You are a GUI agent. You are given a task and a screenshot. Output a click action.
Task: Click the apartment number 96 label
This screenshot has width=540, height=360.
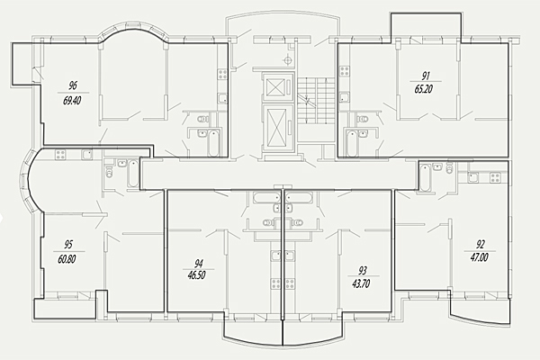[73, 85]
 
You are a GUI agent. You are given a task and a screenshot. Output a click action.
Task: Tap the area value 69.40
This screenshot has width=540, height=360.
[72, 101]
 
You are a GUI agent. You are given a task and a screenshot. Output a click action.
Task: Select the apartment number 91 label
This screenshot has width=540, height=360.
[426, 76]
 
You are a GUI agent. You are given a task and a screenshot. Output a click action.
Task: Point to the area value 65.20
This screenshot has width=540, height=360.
[424, 89]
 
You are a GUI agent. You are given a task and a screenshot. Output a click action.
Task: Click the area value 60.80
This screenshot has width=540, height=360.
[67, 258]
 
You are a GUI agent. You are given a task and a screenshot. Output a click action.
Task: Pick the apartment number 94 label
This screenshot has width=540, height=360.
[199, 264]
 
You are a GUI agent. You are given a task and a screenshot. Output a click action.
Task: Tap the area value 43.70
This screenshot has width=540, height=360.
[361, 283]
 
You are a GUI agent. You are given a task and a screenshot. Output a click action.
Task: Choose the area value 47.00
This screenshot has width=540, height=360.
[479, 257]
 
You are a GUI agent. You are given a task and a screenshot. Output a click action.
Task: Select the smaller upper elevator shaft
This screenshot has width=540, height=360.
[277, 86]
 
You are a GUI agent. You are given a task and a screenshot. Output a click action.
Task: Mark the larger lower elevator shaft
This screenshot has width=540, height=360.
[277, 128]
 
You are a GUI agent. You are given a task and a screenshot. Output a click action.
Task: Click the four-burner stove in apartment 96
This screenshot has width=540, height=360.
[222, 75]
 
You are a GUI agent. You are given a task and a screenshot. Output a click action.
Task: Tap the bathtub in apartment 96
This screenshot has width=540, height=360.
[213, 142]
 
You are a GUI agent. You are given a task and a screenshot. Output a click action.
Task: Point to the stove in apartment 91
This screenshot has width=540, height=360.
[345, 72]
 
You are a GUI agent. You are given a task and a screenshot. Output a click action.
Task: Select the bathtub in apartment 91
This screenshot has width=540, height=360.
[352, 142]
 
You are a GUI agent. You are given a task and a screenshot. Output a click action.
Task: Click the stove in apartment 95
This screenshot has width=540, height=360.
[60, 155]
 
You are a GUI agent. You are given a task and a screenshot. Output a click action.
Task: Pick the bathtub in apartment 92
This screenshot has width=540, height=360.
[426, 177]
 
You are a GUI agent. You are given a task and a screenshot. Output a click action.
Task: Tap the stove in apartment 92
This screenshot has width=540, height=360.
[496, 177]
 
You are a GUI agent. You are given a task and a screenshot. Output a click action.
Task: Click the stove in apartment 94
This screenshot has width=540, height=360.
[276, 283]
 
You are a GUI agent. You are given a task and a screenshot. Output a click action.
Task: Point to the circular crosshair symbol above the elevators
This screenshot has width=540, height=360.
[288, 60]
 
